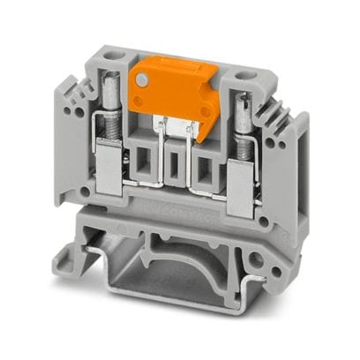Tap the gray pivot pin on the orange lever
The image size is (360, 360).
click(x=141, y=80)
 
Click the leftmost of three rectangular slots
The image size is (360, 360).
click(x=144, y=160)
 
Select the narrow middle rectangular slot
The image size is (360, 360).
click(x=176, y=165)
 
